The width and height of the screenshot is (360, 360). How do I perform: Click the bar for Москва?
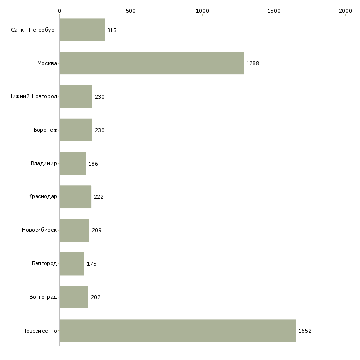151,63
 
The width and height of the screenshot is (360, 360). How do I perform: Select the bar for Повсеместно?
178,330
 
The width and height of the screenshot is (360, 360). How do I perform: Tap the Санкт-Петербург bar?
82,30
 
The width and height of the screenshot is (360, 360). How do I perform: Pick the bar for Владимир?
72,163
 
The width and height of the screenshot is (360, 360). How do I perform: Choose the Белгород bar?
72,264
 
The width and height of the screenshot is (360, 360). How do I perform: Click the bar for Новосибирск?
74,230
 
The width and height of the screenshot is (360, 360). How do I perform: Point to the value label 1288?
252,63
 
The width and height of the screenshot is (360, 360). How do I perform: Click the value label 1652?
305,331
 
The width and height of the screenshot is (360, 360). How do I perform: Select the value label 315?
112,30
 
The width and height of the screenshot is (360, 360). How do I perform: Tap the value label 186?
93,164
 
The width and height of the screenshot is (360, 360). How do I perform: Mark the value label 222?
99,197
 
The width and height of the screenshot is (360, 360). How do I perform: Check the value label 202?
96,297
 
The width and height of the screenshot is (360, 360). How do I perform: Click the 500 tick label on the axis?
131,11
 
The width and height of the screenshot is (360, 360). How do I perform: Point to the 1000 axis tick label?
202,11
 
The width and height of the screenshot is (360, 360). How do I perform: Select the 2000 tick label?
345,11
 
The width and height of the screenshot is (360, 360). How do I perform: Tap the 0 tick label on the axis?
60,11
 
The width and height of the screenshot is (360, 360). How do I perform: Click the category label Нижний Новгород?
33,96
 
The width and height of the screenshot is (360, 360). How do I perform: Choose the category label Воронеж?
45,130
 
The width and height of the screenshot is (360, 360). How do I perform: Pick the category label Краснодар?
42,197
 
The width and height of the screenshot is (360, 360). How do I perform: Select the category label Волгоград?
43,297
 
